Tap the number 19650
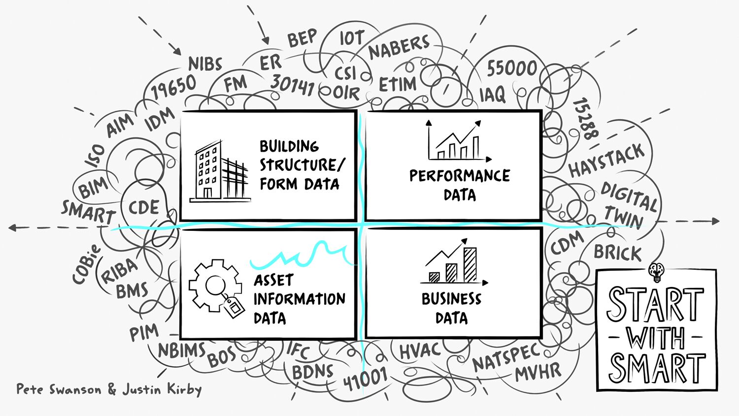[173, 87]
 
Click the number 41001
[365, 379]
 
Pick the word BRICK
[618, 253]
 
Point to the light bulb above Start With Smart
[656, 270]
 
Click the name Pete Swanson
[59, 389]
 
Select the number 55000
[512, 68]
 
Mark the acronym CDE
[143, 207]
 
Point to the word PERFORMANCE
[460, 176]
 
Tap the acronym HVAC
[419, 351]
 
